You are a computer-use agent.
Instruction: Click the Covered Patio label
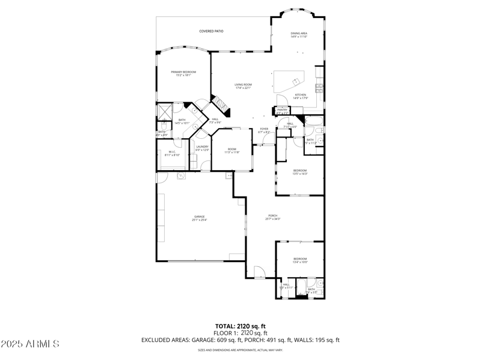coord(211,31)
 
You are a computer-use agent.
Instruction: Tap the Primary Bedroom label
coord(183,72)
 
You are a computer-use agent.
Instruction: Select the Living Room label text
coord(243,84)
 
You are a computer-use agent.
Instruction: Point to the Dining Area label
coord(299,33)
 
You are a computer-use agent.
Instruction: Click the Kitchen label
coord(300,94)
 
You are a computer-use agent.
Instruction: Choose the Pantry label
coord(282,110)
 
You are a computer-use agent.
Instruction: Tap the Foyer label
coord(263,129)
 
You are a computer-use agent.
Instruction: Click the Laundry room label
coord(202,147)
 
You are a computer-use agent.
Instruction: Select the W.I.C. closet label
coord(172,151)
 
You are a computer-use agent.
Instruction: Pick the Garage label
coord(199,216)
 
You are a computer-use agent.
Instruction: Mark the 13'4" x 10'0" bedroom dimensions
coord(300,262)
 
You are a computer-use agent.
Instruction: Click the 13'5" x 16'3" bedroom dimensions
coord(300,174)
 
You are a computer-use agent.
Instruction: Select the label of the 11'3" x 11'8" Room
coord(232,149)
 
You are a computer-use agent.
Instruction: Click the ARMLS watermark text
coord(30,344)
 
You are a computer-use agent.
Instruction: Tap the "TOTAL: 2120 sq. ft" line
coord(240,326)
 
